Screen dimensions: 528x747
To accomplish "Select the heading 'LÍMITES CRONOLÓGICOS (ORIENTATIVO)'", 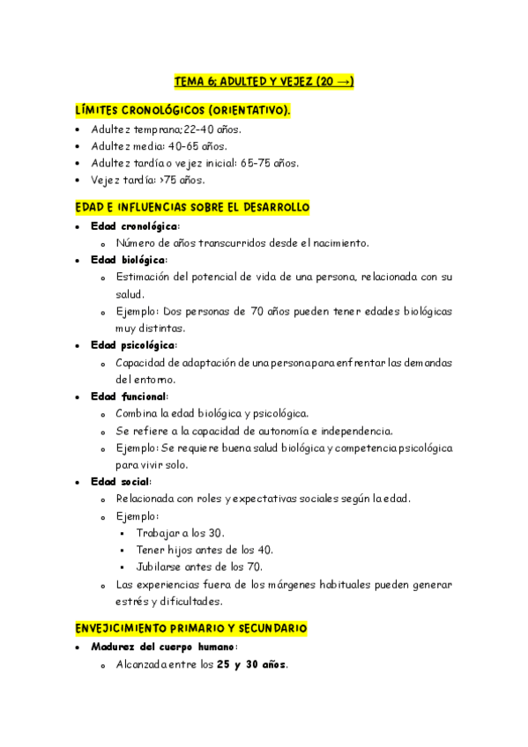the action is [182, 111].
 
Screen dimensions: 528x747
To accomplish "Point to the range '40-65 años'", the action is [198, 146].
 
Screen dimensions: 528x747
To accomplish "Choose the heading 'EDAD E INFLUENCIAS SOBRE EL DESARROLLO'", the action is [192, 208].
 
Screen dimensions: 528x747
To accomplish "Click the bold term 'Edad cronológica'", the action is [134, 226].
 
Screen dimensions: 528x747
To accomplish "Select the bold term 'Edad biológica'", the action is [128, 260].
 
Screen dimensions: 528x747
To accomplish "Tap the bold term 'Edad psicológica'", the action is [133, 345].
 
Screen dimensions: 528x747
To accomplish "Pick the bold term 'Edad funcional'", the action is [129, 396].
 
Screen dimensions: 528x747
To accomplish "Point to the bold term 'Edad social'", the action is [120, 482].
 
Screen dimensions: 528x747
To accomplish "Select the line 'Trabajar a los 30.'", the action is [181, 533].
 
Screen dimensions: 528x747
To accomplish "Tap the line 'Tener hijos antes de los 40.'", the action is [205, 550].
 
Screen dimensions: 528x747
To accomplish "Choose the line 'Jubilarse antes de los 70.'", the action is [199, 566].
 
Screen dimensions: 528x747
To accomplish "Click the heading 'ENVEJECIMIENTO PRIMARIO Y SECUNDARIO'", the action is [191, 629].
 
